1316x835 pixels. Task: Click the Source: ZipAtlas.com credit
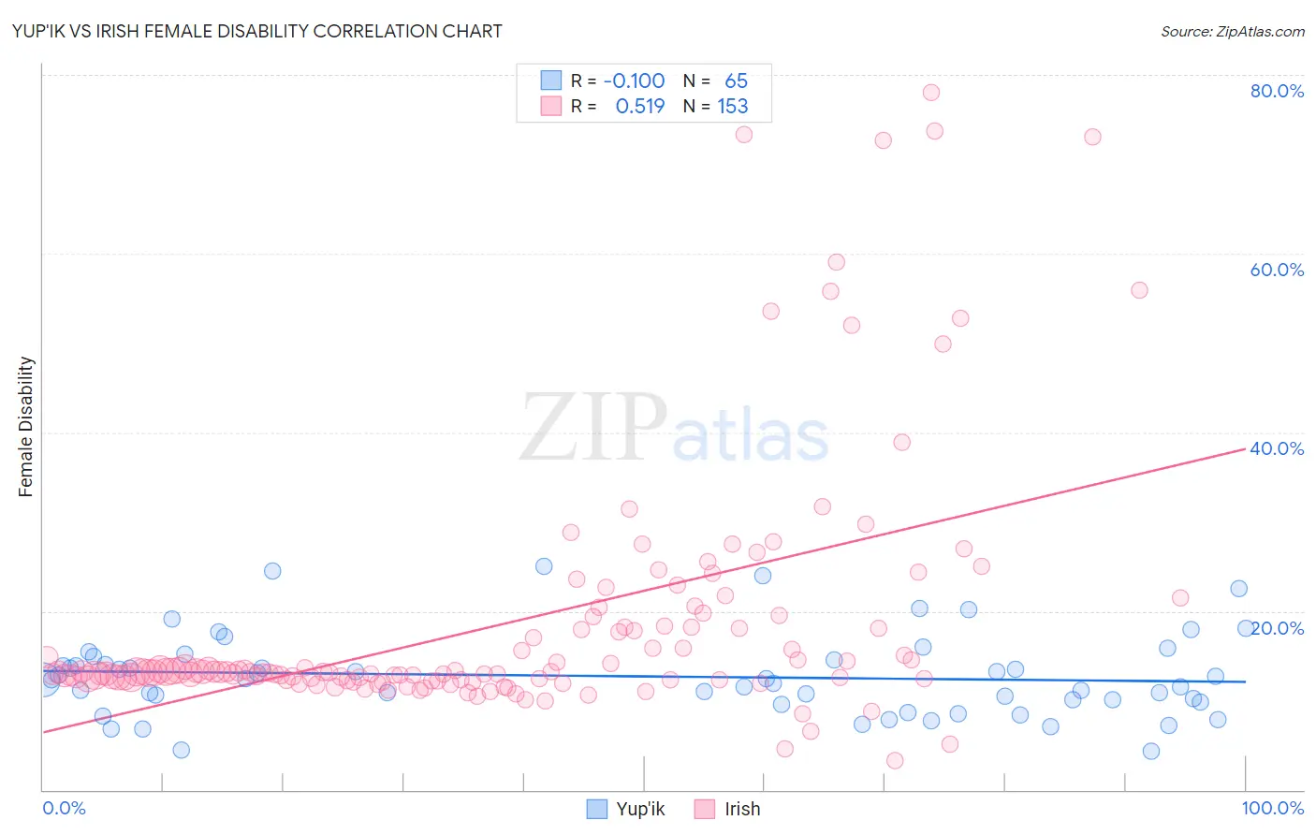point(1232,31)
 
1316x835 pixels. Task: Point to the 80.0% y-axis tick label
point(1277,91)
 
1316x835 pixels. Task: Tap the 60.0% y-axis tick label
point(1277,270)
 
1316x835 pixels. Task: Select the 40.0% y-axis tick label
point(1277,448)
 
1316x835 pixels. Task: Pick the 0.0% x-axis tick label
point(64,808)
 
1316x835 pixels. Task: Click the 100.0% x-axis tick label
point(1272,808)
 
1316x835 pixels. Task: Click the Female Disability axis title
point(26,426)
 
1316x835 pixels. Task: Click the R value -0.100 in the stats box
point(634,81)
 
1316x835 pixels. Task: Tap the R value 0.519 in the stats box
point(640,106)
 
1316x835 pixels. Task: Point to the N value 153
point(733,106)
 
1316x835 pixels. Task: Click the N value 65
point(737,81)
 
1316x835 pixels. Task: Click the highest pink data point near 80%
point(930,92)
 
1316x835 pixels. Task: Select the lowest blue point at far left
point(182,750)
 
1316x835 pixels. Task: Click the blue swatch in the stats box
point(551,81)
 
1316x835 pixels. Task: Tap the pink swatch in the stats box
point(551,106)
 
